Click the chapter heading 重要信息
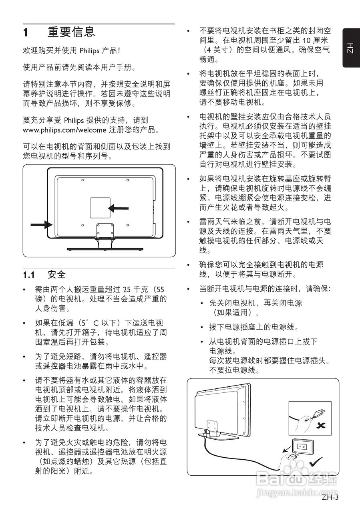[72, 32]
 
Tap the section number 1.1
[29, 275]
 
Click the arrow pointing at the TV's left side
[41, 225]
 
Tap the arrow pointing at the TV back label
[119, 208]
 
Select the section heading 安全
[56, 275]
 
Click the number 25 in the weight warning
[127, 289]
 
